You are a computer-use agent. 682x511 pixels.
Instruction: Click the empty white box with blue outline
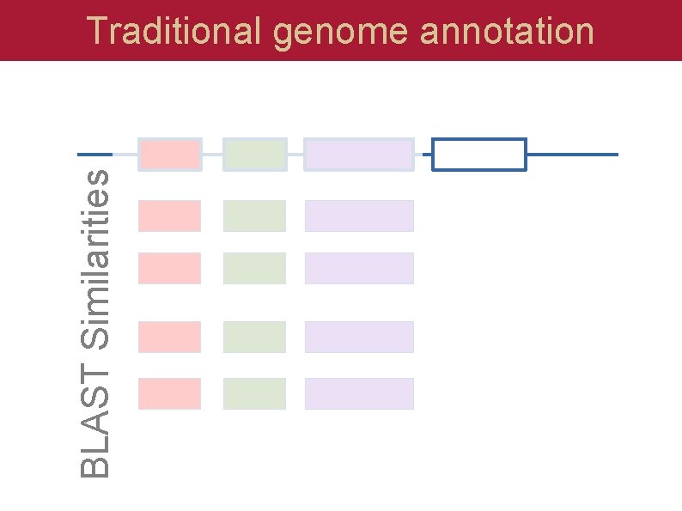[478, 155]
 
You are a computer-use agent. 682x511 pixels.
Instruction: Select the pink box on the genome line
[169, 155]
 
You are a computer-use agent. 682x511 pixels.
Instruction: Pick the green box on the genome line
[254, 155]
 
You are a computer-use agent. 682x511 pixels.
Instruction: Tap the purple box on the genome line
[359, 155]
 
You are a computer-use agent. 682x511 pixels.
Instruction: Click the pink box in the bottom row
[169, 393]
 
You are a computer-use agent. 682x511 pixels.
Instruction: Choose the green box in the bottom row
[254, 393]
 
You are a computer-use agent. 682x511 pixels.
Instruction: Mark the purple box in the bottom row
[359, 393]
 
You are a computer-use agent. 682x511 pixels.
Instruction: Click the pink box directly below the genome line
[169, 216]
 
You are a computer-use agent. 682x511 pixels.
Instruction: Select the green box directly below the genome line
[254, 216]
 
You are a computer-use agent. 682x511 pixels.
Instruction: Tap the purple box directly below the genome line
[359, 216]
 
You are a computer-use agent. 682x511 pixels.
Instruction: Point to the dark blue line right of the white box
[572, 155]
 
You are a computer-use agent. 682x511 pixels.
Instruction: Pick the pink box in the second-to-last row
[169, 337]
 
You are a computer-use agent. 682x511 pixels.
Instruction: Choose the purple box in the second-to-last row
[359, 337]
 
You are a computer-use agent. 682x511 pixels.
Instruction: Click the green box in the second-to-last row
[254, 337]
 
